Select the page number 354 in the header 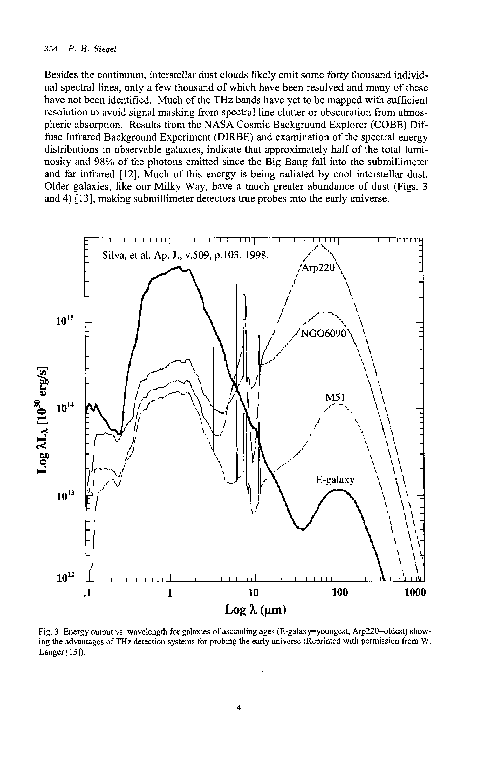51,49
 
